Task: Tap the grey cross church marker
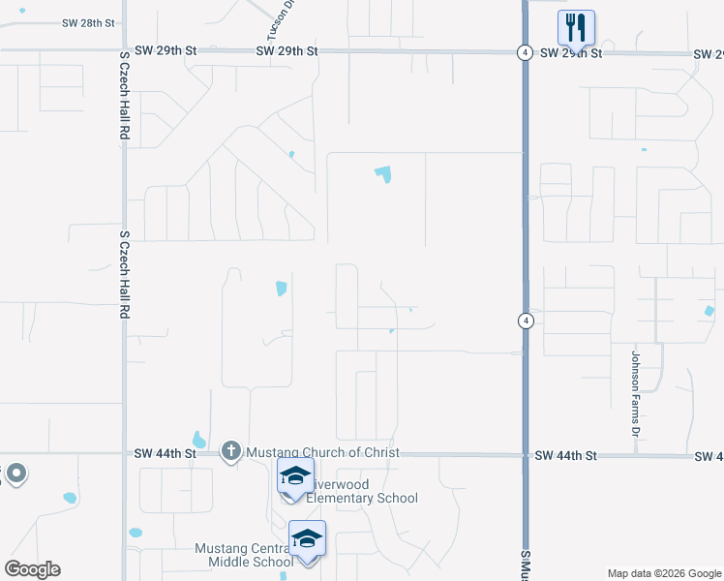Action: tap(230, 451)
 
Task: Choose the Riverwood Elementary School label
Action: tap(358, 491)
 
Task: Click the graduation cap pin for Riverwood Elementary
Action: tap(295, 475)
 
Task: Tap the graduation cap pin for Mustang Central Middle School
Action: tap(307, 538)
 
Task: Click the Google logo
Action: tap(32, 568)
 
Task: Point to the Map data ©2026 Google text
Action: tap(663, 573)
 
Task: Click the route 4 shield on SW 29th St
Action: tap(523, 52)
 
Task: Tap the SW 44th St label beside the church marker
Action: tap(166, 453)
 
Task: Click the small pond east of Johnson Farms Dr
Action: tap(709, 311)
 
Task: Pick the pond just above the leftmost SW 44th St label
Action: tap(199, 440)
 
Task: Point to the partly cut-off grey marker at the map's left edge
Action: tap(15, 474)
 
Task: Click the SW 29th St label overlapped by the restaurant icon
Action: tap(571, 53)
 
